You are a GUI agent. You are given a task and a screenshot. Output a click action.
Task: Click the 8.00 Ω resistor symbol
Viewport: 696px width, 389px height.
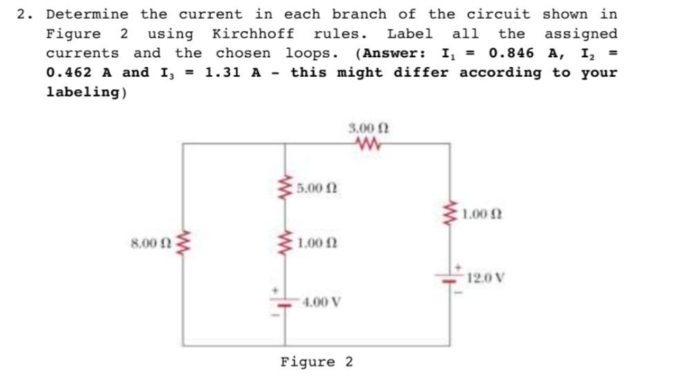pyautogui.click(x=183, y=243)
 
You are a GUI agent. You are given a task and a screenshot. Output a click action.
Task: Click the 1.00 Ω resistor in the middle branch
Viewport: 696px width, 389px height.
pyautogui.click(x=283, y=243)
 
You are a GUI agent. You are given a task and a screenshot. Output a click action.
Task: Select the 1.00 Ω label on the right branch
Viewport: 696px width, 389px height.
pyautogui.click(x=484, y=214)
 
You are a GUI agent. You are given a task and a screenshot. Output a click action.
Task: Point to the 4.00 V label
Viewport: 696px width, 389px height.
pyautogui.click(x=321, y=302)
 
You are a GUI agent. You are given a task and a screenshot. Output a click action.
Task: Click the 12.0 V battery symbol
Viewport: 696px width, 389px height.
pyautogui.click(x=451, y=276)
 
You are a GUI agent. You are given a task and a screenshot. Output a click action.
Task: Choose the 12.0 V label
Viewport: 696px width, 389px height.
pyautogui.click(x=486, y=279)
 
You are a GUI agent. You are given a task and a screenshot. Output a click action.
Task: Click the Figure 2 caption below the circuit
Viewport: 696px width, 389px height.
pyautogui.click(x=317, y=362)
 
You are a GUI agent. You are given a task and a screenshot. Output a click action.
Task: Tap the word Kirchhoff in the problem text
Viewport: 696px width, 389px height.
pyautogui.click(x=252, y=33)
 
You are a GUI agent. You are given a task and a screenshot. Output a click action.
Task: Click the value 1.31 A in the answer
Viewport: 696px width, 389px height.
pyautogui.click(x=232, y=72)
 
